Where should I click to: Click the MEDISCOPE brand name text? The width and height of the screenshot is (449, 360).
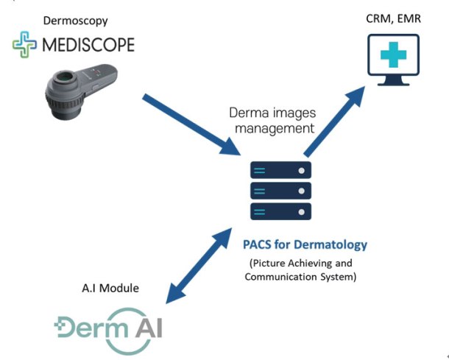[88, 46]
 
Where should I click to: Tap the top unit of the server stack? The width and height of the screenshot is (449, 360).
[280, 170]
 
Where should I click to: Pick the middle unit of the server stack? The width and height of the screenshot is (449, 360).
[280, 191]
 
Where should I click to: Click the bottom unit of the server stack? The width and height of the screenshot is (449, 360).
[280, 211]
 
